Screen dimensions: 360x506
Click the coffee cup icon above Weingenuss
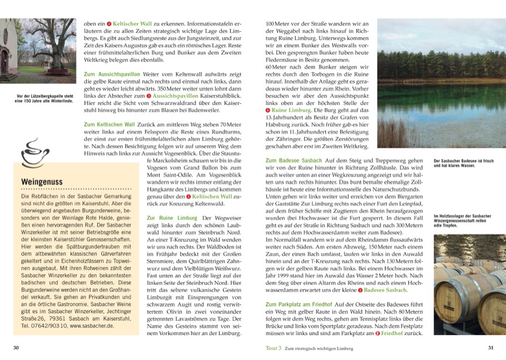tap(33, 154)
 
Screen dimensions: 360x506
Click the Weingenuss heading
tap(41, 182)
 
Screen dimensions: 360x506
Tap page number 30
tap(17, 348)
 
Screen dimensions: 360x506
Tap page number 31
tap(490, 348)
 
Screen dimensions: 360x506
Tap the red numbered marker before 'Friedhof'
tap(378, 333)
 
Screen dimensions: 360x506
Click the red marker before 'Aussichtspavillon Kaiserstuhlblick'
tap(148, 96)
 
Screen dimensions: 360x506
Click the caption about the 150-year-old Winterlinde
tap(45, 98)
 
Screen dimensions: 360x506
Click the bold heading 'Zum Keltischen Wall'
tap(110, 123)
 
